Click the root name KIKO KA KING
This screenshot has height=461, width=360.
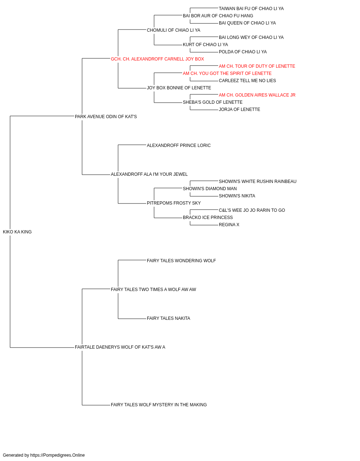click(17, 232)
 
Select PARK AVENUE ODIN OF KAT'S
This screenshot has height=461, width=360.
click(106, 117)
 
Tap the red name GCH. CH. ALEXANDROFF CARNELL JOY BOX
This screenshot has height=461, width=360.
click(157, 59)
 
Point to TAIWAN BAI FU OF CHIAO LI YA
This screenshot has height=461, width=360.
click(251, 9)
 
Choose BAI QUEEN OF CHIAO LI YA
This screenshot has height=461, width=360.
click(247, 23)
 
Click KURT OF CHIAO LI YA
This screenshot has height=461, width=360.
click(205, 45)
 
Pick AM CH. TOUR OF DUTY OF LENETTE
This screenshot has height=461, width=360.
click(257, 66)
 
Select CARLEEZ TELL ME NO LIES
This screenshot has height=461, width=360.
click(247, 81)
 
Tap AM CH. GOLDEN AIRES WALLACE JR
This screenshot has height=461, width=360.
click(257, 95)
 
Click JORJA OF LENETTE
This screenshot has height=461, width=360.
click(239, 109)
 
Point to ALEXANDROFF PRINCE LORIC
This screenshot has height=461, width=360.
click(179, 146)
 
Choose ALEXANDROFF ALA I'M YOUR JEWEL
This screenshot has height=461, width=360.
click(149, 174)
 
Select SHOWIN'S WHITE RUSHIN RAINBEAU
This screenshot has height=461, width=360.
click(258, 182)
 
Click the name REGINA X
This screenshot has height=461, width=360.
click(229, 225)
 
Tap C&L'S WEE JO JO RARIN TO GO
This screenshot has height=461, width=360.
click(252, 210)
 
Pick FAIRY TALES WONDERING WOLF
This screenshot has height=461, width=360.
click(181, 261)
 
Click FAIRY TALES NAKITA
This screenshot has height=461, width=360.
click(168, 318)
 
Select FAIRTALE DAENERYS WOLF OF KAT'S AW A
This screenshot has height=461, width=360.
click(120, 347)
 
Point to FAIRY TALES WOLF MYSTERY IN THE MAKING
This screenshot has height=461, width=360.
click(159, 405)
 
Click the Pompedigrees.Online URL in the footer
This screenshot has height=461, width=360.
click(58, 455)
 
